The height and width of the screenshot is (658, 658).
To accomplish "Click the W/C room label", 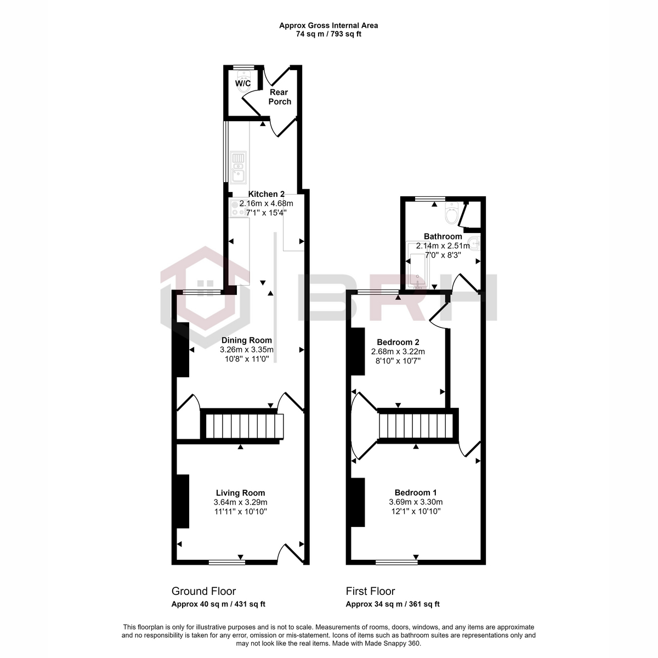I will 243,83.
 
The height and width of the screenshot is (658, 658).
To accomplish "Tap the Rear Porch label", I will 279,97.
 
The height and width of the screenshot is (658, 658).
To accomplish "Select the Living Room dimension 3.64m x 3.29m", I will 240,502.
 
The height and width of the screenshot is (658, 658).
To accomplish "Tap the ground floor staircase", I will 243,426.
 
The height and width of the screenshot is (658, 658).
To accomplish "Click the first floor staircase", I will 417,426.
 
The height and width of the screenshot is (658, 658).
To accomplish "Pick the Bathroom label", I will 443,236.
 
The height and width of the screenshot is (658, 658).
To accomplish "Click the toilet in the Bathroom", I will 452,213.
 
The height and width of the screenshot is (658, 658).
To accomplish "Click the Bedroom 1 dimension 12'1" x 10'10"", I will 416,511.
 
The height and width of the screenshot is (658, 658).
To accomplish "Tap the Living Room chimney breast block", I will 182,502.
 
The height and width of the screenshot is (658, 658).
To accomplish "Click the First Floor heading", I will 370,591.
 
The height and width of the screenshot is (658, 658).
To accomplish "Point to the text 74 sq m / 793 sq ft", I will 328,34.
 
